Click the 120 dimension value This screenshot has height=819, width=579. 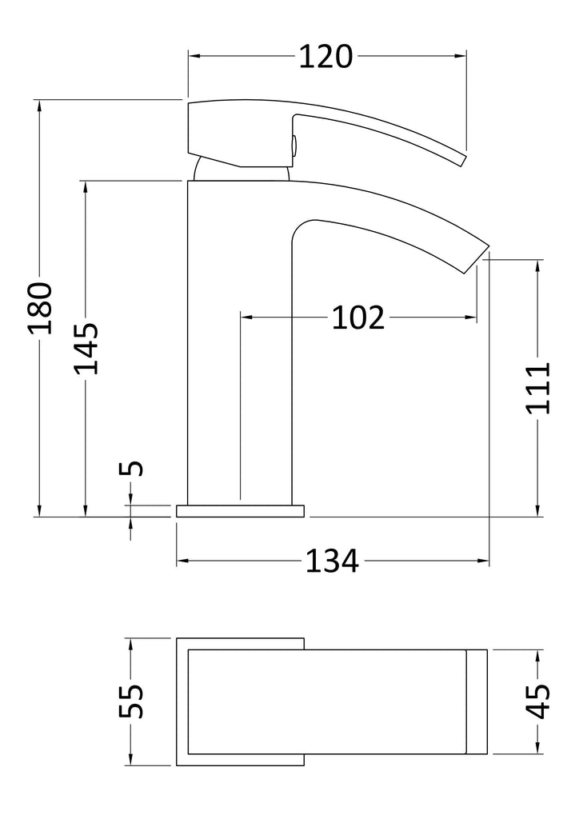pos(325,57)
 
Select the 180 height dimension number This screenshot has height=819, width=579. pos(40,308)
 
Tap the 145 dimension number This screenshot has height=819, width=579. pos(86,349)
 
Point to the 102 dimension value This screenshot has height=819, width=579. pos(358,317)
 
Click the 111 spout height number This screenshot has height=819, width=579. pos(537,388)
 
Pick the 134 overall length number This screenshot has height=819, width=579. pos(332,561)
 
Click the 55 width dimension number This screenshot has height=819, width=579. pos(131,701)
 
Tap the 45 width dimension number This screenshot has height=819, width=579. pos(537,701)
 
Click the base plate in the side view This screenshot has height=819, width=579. pos(240,511)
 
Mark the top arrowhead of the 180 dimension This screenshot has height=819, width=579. pos(39,106)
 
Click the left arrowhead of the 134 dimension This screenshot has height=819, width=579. pos(182,561)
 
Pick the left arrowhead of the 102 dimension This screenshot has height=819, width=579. pos(246,317)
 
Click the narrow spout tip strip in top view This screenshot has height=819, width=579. pos(477,701)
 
